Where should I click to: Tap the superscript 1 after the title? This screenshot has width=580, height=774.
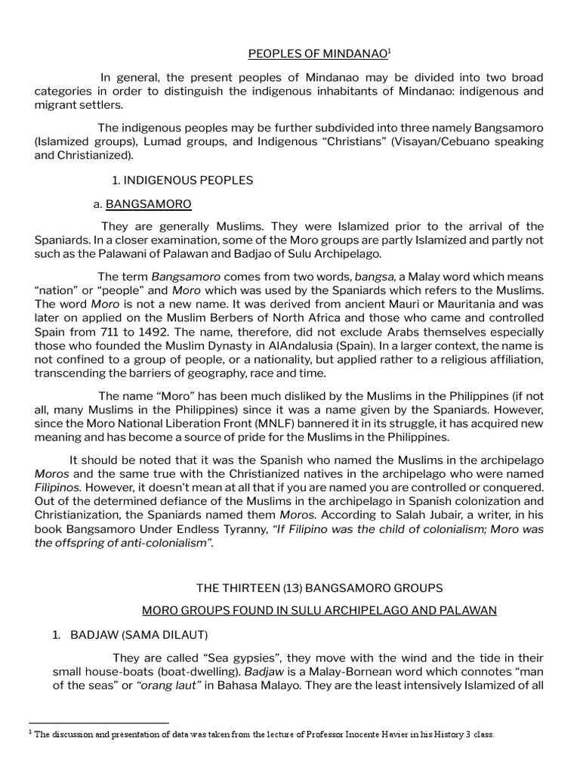pos(389,51)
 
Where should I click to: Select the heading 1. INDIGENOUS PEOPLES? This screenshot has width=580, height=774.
pos(182,180)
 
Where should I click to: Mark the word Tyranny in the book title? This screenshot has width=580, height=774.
pos(241,529)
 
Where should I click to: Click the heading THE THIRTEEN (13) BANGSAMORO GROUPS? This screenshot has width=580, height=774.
pos(319,587)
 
